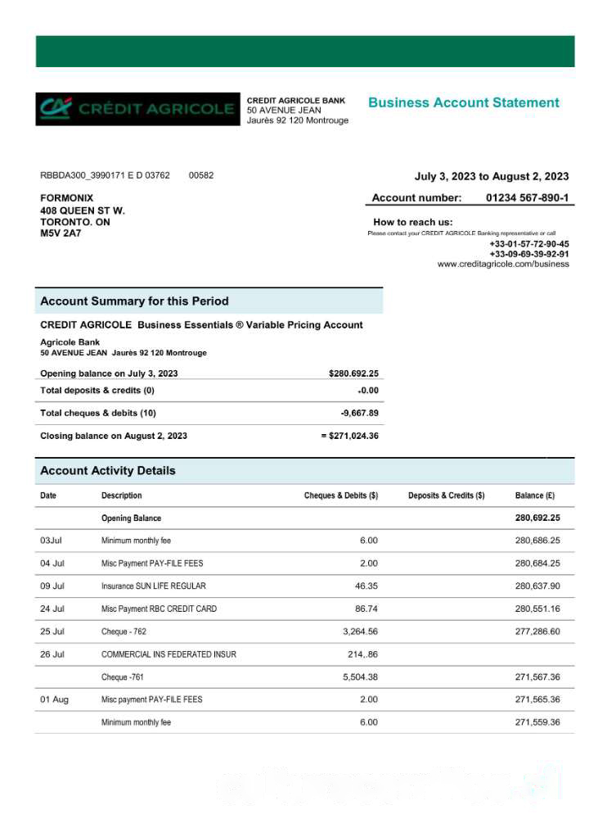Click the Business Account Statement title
[464, 103]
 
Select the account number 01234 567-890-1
[528, 198]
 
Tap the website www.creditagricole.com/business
[503, 265]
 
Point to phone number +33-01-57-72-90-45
[529, 244]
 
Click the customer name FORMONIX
[67, 198]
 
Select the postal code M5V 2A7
[61, 233]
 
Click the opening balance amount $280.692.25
[353, 373]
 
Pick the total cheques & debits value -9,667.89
[359, 413]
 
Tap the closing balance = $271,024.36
[349, 436]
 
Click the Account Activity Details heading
[107, 471]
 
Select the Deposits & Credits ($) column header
[446, 495]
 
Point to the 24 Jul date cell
[52, 609]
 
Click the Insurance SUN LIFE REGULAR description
[154, 586]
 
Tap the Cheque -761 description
[124, 677]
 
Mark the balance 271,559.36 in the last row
[537, 722]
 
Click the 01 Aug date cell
[54, 699]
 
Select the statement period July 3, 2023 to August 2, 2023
[492, 176]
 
